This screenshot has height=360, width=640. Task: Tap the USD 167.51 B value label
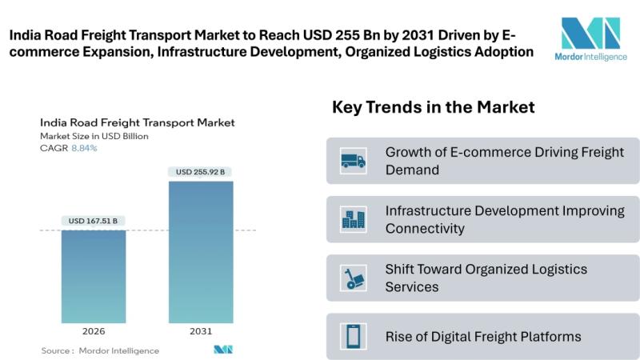click(x=94, y=221)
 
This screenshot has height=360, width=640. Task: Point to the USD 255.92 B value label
click(x=201, y=172)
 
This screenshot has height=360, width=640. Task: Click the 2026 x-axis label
click(x=94, y=330)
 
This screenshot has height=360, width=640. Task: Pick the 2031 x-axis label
click(x=201, y=330)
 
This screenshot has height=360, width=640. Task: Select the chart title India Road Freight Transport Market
click(x=137, y=123)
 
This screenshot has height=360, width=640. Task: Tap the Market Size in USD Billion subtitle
click(x=94, y=136)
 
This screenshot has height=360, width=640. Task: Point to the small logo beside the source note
click(x=222, y=350)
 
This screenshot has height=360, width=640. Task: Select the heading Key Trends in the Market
click(x=433, y=106)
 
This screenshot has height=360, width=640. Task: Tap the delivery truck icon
click(x=353, y=161)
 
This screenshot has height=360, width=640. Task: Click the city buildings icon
click(x=353, y=219)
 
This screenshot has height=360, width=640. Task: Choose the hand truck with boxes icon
click(x=353, y=278)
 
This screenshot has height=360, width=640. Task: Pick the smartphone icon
click(x=353, y=336)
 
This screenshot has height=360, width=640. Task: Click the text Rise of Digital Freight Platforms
click(x=483, y=336)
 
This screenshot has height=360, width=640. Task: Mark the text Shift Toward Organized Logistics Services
click(x=486, y=278)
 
